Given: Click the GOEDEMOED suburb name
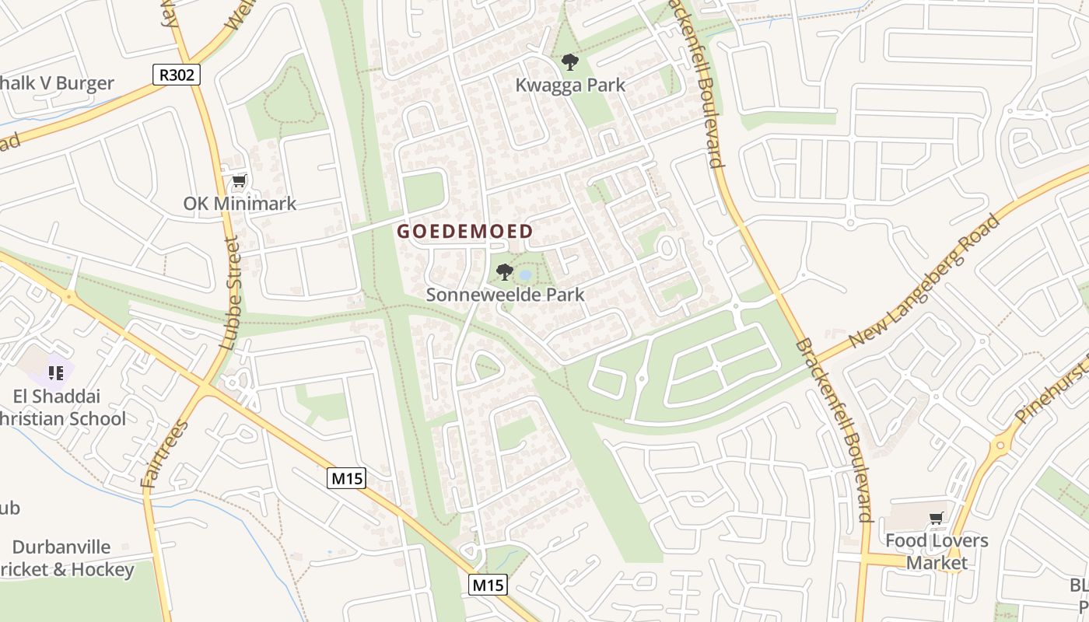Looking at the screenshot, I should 465,231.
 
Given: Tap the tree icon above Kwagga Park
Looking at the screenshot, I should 570,62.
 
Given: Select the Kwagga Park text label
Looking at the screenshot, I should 570,85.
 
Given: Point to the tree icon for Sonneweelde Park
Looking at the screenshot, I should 504,272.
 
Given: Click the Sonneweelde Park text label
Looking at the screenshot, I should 505,295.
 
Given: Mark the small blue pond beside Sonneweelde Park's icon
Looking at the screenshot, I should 525,274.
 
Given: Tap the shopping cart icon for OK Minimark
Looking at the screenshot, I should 239,182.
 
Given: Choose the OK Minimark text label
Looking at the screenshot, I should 240,204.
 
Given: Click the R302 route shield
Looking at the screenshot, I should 177,75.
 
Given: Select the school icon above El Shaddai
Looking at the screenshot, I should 55,372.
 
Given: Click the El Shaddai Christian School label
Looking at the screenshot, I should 62,407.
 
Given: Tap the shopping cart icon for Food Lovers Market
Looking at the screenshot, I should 936,518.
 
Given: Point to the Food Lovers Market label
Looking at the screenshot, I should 937,551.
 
